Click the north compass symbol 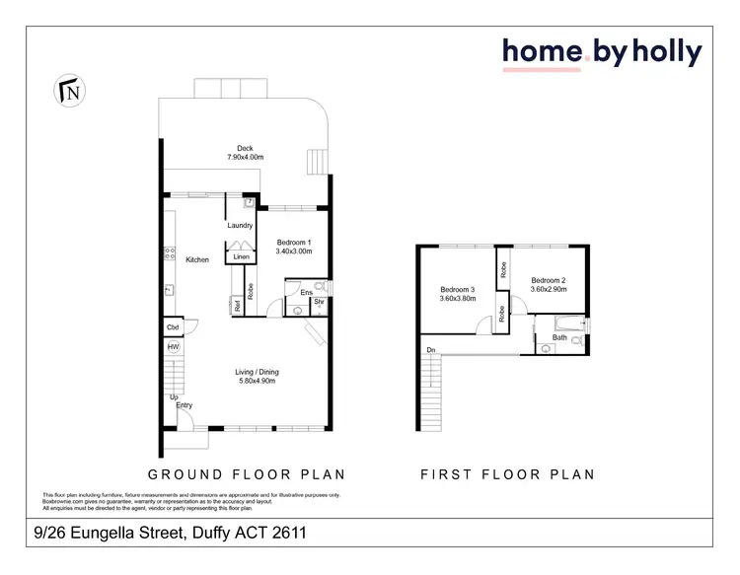click(72, 92)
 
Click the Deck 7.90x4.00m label click(244, 153)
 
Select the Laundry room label click(240, 226)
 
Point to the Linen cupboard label click(241, 256)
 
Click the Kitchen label click(197, 259)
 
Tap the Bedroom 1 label click(294, 247)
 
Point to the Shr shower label click(319, 304)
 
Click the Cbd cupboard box click(173, 327)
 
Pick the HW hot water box click(173, 347)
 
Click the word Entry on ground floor click(184, 405)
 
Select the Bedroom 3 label click(457, 294)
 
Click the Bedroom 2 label click(548, 284)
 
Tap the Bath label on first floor click(559, 337)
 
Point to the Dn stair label click(430, 350)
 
